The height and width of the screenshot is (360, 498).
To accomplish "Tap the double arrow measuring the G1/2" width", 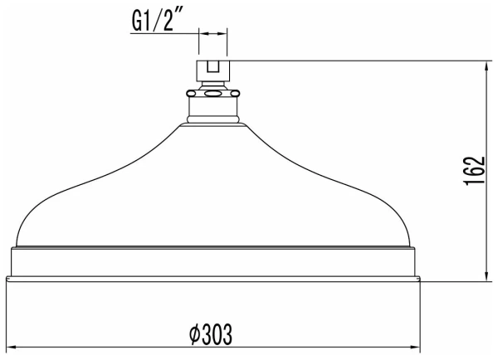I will point(212,34).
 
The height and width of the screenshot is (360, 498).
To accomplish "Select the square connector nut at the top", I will point(212,70).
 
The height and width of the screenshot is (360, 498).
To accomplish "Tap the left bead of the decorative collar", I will point(194,94).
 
